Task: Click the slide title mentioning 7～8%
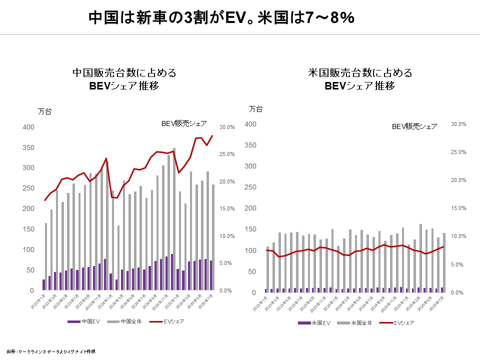tap(221, 18)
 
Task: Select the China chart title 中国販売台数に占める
tap(124, 73)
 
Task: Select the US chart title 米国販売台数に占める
tap(360, 73)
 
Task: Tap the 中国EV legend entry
tap(85, 321)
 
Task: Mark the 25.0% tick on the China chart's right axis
tap(227, 154)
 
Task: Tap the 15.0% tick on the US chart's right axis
tap(458, 208)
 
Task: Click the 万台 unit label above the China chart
tap(45, 111)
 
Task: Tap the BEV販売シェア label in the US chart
tap(414, 126)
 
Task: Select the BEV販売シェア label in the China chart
tap(184, 123)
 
